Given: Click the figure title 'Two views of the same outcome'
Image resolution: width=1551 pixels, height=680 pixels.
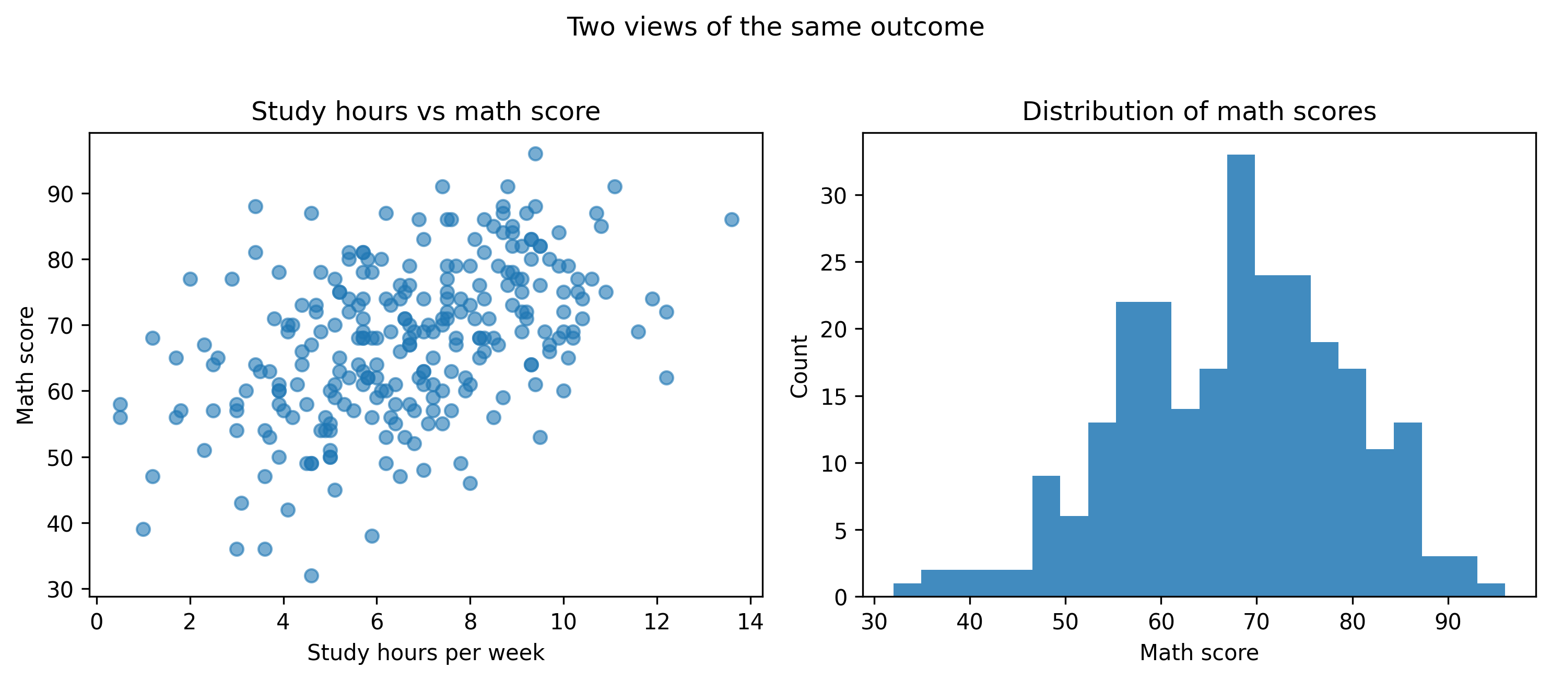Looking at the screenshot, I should [x=775, y=27].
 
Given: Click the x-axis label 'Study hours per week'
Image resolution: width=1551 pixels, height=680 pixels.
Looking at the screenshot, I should [x=426, y=652].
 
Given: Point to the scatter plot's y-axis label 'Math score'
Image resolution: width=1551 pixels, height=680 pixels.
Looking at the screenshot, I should [x=25, y=365].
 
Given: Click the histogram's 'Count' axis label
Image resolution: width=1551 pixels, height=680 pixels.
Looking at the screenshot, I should [x=799, y=366].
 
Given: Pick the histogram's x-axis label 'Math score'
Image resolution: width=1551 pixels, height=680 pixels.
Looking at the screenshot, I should [x=1199, y=652].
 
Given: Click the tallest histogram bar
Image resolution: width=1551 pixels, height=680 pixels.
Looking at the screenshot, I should [x=1240, y=373].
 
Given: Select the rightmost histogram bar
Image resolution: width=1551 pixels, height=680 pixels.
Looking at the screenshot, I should [x=1491, y=590].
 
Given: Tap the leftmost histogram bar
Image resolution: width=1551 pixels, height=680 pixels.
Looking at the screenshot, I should [x=907, y=590].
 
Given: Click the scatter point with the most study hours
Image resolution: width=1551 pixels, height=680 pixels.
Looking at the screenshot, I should [x=732, y=219].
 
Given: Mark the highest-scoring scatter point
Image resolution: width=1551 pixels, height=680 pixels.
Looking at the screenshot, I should [x=535, y=154].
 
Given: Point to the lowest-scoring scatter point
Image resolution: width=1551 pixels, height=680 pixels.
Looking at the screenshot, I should [x=311, y=576].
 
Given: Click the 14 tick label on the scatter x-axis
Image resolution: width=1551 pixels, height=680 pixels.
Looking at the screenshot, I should [x=750, y=622].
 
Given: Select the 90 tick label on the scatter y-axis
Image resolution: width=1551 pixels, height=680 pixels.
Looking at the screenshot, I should [x=60, y=194].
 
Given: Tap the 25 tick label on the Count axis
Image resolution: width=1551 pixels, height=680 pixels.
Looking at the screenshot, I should [x=833, y=263].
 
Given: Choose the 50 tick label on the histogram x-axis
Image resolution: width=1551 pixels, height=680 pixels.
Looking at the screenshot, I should [x=1065, y=622].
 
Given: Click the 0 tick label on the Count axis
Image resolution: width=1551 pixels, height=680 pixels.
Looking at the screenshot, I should [x=841, y=597].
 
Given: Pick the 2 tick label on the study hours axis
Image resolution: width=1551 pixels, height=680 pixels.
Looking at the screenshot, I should [x=190, y=622].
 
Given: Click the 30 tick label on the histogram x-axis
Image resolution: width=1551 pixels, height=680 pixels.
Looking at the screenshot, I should [x=874, y=622].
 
